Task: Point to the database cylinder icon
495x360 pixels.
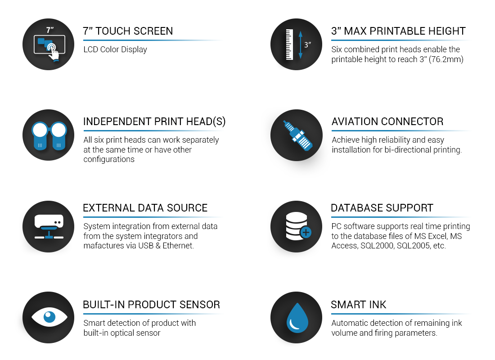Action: coord(296,226)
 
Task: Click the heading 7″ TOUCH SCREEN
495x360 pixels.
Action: coord(128,31)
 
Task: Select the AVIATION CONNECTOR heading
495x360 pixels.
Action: coord(387,121)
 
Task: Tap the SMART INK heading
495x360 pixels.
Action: coord(358,305)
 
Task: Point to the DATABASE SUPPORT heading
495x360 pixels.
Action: coord(382,208)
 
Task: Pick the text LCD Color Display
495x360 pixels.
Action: coord(115,49)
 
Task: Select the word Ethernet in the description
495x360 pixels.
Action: coord(178,245)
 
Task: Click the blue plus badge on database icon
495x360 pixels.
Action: coord(305,233)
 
